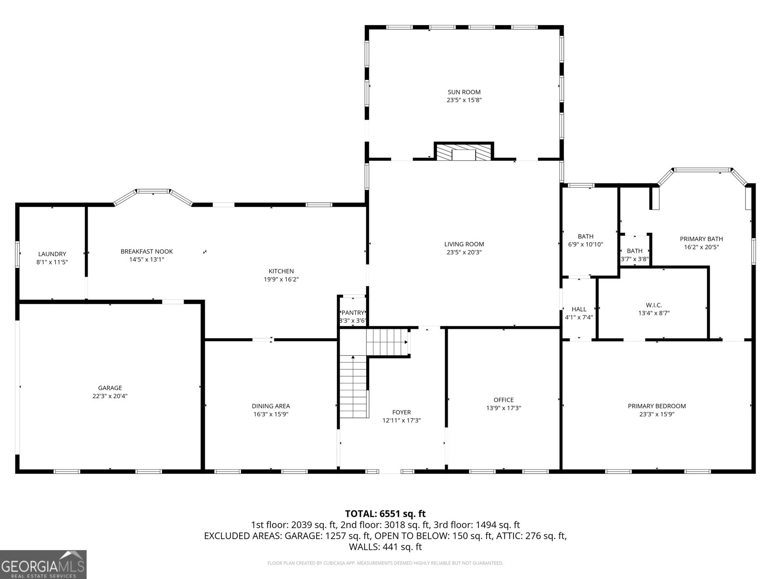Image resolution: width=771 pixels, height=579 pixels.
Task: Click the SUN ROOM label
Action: coord(464,92)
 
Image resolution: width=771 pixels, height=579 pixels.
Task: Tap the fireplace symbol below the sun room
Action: coord(464,152)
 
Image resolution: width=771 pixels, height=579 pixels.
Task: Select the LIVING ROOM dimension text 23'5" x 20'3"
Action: coord(464,252)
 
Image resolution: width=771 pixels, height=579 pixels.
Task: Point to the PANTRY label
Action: coord(353,313)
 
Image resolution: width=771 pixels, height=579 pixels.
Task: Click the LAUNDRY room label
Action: coord(52,254)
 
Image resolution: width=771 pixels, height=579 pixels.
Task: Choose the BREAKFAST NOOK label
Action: coord(146,251)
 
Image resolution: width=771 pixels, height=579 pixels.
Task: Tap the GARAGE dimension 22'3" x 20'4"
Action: coord(110,396)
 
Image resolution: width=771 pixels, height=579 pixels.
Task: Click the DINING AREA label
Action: coord(271,406)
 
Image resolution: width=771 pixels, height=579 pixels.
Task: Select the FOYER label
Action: coord(401,413)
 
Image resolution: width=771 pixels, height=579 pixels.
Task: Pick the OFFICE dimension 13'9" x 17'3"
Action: coord(504,408)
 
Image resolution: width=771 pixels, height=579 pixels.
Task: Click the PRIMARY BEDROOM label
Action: coord(656,406)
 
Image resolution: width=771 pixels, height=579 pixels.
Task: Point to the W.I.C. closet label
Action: coord(654,305)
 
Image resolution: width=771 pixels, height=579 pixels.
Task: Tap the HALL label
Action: coord(579,309)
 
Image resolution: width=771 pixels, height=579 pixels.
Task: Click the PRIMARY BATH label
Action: coord(701,239)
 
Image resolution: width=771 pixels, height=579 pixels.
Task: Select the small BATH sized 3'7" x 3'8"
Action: coord(635,251)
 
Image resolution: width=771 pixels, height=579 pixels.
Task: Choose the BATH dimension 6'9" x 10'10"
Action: coord(585,245)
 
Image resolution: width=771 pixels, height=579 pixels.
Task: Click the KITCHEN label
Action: coord(281,271)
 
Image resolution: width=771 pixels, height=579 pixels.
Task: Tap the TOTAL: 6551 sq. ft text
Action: coord(385,514)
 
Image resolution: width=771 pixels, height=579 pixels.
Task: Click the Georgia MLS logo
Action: coord(43,564)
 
